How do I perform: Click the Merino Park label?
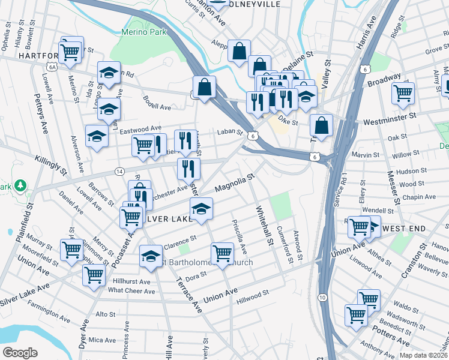tap(143, 32)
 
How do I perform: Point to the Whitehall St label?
tap(264, 225)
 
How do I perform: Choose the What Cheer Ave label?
tap(131, 291)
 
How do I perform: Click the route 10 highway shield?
tap(322, 298)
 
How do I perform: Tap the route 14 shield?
tap(119, 172)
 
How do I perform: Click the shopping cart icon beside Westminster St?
tap(403, 93)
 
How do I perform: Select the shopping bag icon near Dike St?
tap(322, 125)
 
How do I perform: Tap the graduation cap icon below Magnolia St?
tap(202, 208)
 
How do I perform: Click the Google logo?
tap(20, 353)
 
